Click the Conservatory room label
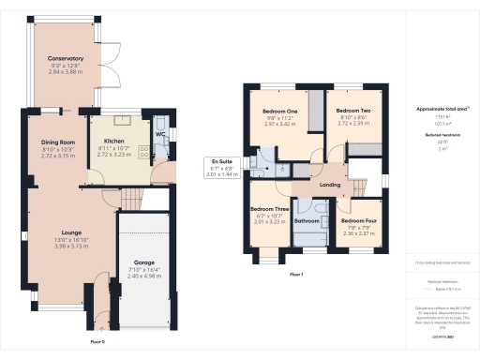click(x=66, y=58)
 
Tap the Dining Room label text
click(x=57, y=142)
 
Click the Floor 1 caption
click(x=296, y=274)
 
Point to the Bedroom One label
click(x=279, y=112)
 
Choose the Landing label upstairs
click(x=330, y=185)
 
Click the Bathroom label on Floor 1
click(x=307, y=221)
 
